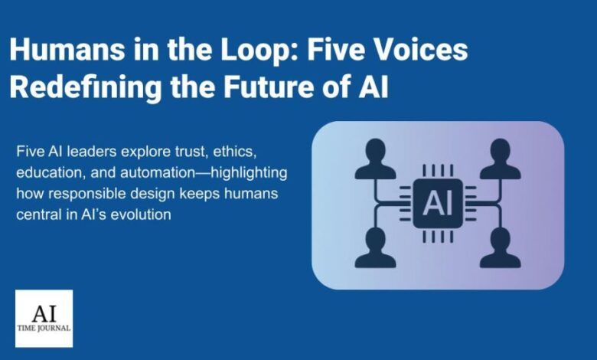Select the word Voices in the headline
click(425, 51)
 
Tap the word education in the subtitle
click(47, 173)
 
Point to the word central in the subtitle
click(38, 215)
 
